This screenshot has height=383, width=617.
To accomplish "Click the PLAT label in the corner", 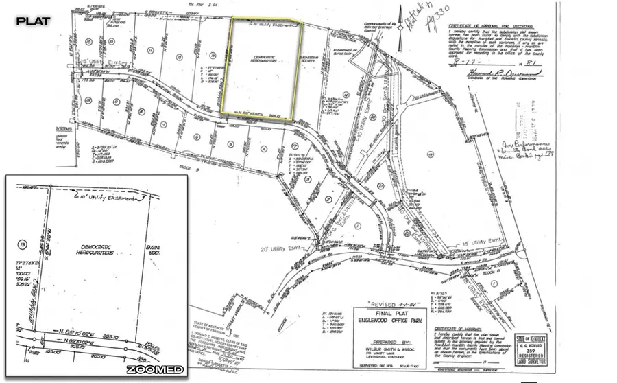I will tap(33, 21).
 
